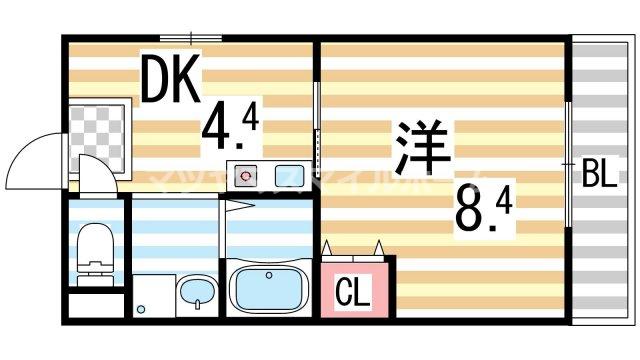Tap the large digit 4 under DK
[220, 128]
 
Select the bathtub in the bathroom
[269, 290]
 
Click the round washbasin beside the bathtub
[196, 295]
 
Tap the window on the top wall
[190, 37]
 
